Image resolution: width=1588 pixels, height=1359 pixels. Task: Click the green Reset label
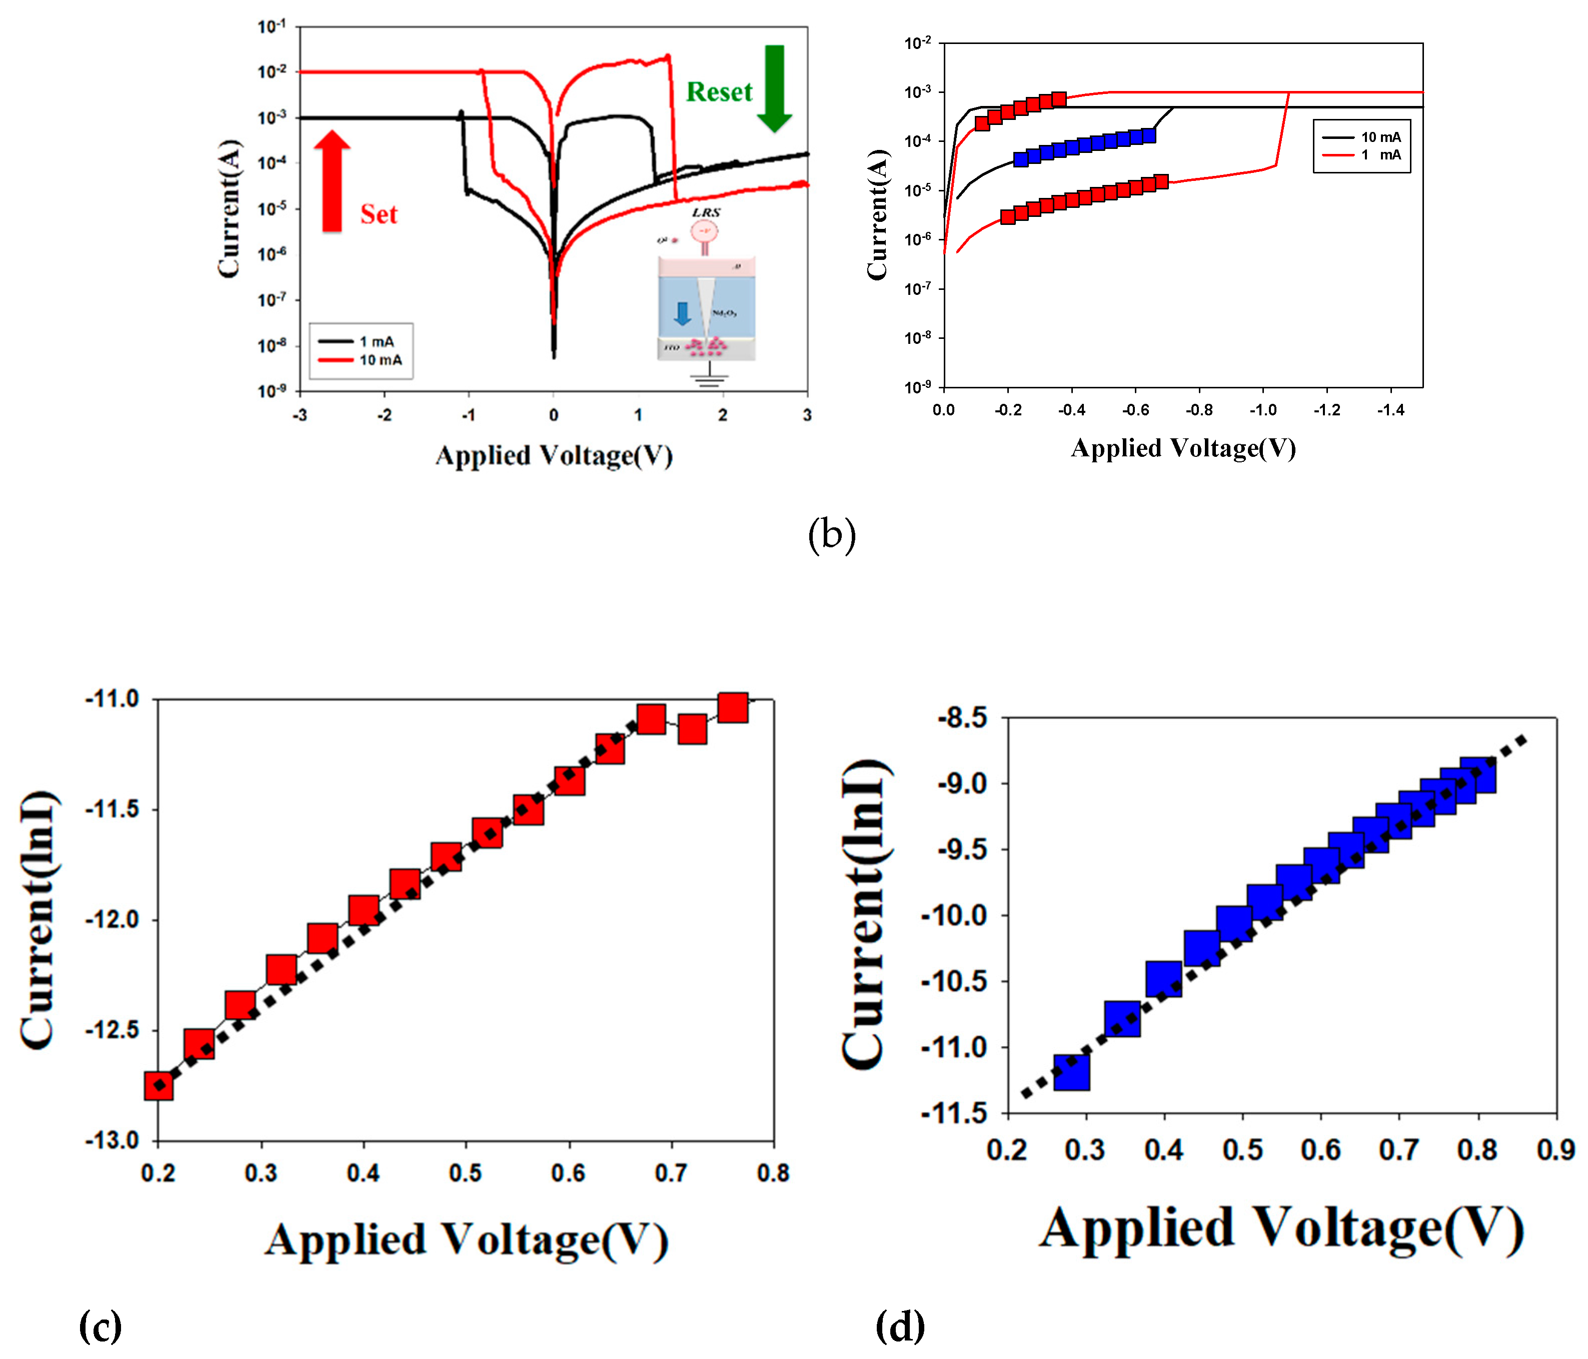coord(718,92)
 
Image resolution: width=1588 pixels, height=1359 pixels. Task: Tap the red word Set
coord(379,214)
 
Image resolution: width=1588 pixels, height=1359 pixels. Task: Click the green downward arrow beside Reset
coord(774,88)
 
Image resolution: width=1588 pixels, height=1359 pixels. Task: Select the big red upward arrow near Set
coord(332,181)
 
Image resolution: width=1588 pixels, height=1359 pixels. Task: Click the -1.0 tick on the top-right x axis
coord(1262,410)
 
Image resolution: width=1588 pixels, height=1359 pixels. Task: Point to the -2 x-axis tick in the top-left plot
coord(384,415)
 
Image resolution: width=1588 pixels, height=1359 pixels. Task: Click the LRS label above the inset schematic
coord(706,212)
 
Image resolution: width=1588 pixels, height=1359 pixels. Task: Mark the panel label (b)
coord(832,535)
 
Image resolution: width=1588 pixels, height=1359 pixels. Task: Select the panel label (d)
coord(900,1326)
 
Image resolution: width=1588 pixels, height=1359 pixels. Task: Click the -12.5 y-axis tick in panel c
coord(112,1030)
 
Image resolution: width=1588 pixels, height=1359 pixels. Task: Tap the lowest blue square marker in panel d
coord(1071,1072)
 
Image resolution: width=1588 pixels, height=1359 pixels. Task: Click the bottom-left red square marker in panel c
coord(159,1085)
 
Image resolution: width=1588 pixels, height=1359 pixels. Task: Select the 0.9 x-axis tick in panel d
coord(1555,1149)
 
